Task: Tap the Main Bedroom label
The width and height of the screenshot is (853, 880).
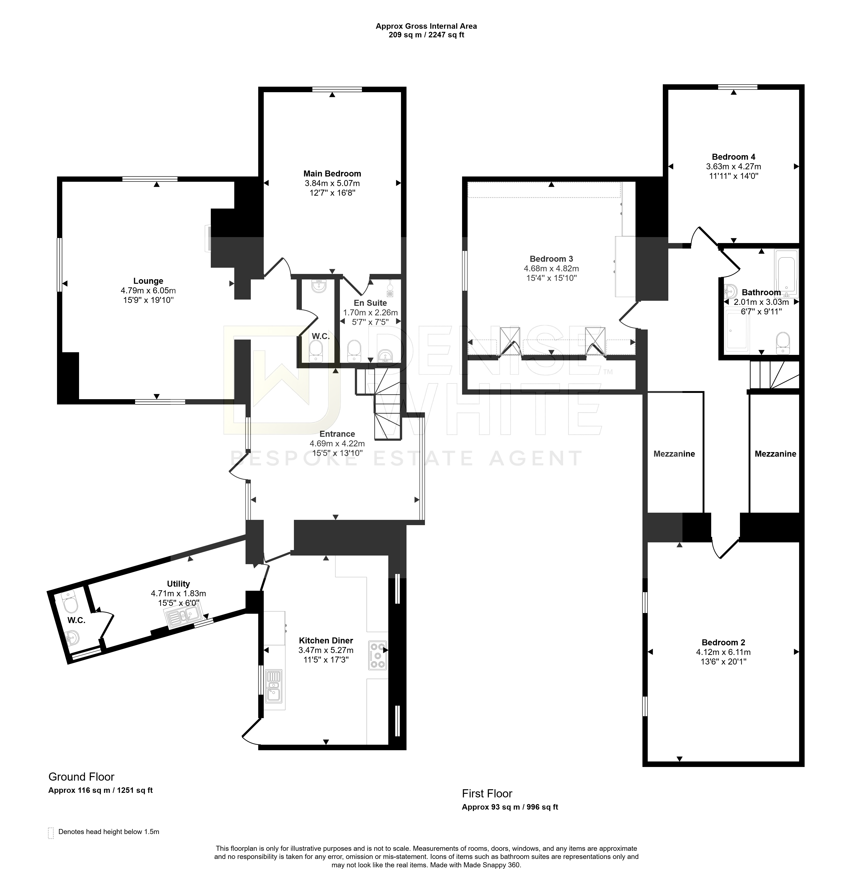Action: [x=332, y=174]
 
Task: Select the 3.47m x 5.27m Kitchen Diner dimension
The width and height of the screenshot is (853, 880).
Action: [x=326, y=650]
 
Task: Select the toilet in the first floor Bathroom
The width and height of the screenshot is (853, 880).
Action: [x=783, y=343]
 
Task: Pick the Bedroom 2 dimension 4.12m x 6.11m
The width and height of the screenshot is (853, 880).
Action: [x=723, y=652]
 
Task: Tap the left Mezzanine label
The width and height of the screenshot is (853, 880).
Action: [x=674, y=454]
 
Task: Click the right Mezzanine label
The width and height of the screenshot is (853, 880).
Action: [x=775, y=454]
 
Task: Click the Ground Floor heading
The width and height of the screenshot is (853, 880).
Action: [x=81, y=777]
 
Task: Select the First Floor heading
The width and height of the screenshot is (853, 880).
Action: [x=487, y=793]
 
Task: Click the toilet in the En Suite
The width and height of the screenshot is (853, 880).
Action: [x=355, y=351]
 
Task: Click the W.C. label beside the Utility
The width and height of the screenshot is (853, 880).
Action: [x=76, y=620]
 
